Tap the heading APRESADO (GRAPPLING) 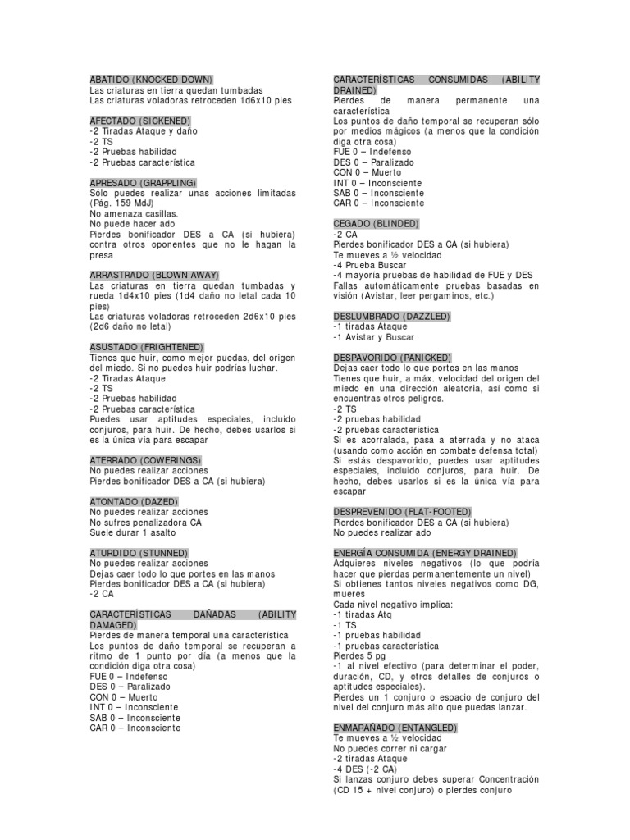click(x=143, y=182)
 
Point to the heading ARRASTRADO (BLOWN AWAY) click(x=154, y=275)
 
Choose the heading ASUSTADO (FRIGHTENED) click(x=146, y=347)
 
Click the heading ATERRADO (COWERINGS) click(x=145, y=460)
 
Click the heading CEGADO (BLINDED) click(x=376, y=224)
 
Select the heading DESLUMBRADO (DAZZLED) click(x=392, y=316)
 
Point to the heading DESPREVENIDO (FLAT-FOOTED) click(x=401, y=512)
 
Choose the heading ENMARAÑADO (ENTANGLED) click(x=395, y=728)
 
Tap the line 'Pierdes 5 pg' click(x=358, y=656)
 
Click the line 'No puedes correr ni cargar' click(x=385, y=749)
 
